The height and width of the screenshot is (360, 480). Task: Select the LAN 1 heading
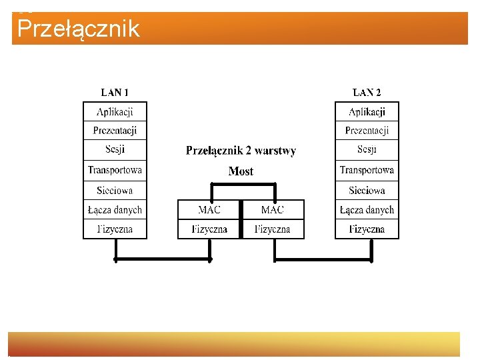click(x=115, y=93)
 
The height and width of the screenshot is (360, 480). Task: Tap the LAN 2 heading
click(x=367, y=93)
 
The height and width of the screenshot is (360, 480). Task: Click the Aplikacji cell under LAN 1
click(x=115, y=111)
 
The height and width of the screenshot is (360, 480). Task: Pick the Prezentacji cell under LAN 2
click(x=367, y=131)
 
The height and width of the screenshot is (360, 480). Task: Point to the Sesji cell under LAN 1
click(x=115, y=149)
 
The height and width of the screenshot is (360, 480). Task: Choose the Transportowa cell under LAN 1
click(x=115, y=170)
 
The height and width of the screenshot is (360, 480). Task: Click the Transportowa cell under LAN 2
click(x=367, y=170)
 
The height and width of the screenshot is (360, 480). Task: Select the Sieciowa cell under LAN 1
click(x=115, y=190)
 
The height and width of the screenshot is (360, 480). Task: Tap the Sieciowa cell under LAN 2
click(x=367, y=190)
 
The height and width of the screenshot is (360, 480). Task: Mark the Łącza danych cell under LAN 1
click(x=115, y=209)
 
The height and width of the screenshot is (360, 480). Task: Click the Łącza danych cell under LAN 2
click(x=367, y=209)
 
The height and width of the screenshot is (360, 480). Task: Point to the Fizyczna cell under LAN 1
click(x=115, y=229)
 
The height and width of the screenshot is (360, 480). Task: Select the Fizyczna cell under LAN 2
click(x=367, y=229)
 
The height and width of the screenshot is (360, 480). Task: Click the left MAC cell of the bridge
click(x=209, y=209)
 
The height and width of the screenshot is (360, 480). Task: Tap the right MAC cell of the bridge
click(x=272, y=209)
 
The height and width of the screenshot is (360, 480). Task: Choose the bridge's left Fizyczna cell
click(x=209, y=229)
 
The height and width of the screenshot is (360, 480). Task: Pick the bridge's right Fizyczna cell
click(x=272, y=229)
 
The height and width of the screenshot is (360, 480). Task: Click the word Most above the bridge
click(x=241, y=171)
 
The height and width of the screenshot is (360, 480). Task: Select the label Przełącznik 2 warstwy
click(x=241, y=151)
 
